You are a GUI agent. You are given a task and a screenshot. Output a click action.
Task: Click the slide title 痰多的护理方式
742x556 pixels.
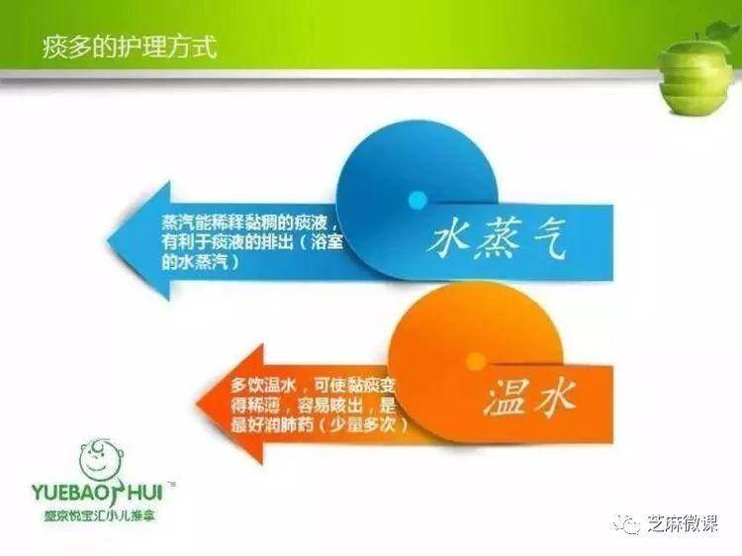130,46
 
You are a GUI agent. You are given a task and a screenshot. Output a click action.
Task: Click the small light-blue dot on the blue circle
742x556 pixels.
417,199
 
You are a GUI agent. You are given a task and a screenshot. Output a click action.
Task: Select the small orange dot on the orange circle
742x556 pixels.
475,361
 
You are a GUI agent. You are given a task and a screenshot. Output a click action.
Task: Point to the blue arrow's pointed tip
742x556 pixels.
108,240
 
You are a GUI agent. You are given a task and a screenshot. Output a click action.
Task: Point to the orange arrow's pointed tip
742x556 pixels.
196,404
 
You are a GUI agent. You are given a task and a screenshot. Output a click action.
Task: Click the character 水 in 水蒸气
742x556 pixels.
448,236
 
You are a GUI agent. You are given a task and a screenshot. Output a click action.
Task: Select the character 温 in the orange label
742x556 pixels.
506,400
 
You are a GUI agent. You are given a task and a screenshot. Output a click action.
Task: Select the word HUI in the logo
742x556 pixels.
145,492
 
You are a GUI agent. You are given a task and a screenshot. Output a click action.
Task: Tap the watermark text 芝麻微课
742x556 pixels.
682,524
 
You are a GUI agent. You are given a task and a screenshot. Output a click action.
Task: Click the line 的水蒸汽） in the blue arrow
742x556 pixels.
201,261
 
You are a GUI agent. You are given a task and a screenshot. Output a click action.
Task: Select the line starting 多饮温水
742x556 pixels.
313,385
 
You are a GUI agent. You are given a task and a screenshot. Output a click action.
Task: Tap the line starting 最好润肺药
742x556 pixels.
319,425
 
